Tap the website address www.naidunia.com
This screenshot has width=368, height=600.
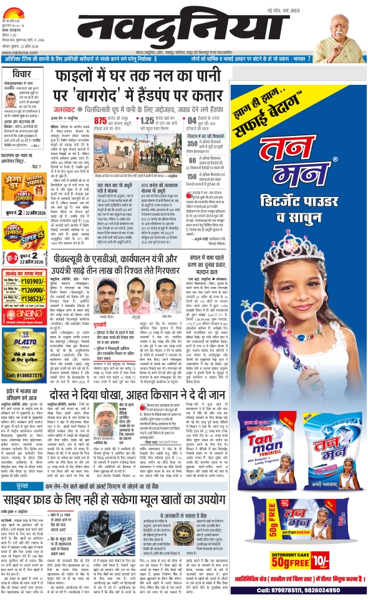[22, 45]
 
